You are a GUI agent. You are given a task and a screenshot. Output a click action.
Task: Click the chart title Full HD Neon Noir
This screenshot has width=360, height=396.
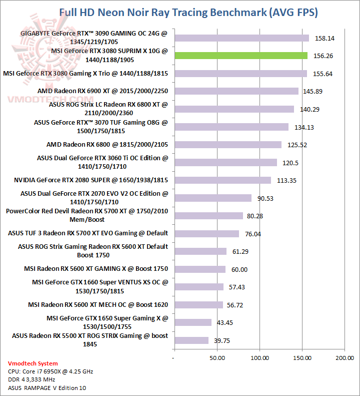pyautogui.click(x=188, y=12)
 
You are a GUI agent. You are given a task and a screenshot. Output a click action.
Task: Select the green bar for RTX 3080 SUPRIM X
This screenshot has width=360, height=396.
pyautogui.click(x=240, y=56)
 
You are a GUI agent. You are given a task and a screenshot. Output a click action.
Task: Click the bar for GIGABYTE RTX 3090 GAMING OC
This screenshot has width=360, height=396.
pyautogui.click(x=241, y=38)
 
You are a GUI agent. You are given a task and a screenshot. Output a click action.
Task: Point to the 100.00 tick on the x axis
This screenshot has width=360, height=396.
pyautogui.click(x=259, y=358)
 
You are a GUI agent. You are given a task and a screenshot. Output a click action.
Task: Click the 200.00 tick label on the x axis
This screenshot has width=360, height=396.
pyautogui.click(x=344, y=358)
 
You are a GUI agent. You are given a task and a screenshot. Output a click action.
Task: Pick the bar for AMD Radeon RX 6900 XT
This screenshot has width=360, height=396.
pyautogui.click(x=236, y=91)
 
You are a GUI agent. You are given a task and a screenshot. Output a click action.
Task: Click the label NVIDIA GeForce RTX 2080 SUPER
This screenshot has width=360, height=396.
pyautogui.click(x=91, y=180)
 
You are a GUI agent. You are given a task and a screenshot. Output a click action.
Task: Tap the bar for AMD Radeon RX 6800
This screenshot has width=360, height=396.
pyautogui.click(x=227, y=145)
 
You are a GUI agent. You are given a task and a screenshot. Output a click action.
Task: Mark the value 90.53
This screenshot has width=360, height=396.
pyautogui.click(x=265, y=198)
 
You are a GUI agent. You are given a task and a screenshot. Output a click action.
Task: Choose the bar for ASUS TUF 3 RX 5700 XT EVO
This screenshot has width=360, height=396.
pyautogui.click(x=206, y=234)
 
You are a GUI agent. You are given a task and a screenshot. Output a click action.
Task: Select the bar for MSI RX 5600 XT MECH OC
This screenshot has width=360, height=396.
pyautogui.click(x=198, y=305)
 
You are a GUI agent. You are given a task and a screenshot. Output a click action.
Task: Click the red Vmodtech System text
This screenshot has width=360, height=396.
pyautogui.click(x=33, y=363)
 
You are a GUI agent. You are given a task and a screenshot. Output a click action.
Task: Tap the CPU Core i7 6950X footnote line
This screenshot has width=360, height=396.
pyautogui.click(x=50, y=371)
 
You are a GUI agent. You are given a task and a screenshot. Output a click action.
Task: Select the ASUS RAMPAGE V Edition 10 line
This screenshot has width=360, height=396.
pyautogui.click(x=43, y=387)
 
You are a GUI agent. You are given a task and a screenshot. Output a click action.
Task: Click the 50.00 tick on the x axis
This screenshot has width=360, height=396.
pyautogui.click(x=216, y=358)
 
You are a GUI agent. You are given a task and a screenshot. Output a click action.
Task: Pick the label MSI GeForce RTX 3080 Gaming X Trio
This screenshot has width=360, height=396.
pyautogui.click(x=85, y=74)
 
